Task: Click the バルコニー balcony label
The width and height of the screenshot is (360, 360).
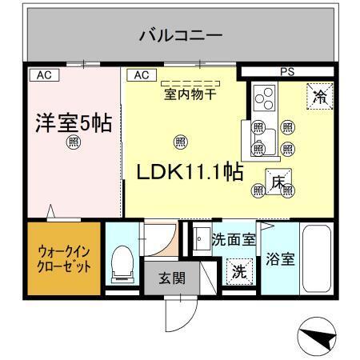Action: [x=180, y=35]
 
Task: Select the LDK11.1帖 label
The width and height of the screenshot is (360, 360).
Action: [x=189, y=172]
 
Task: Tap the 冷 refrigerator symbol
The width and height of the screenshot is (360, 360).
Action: [x=319, y=97]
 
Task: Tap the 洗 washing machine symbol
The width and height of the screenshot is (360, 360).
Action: [x=239, y=271]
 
